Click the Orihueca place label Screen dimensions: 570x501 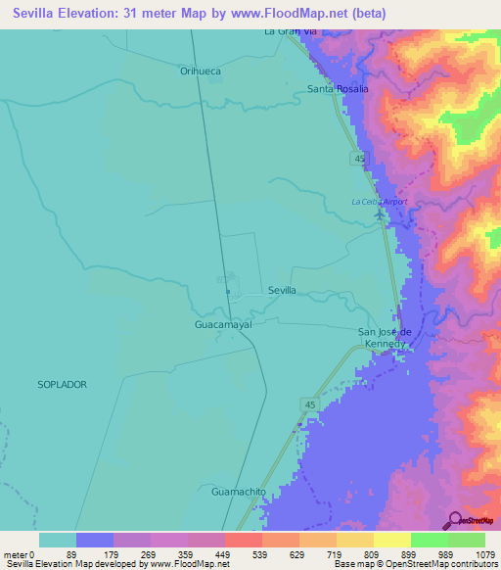point(201,71)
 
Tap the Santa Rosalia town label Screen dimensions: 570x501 point(339,89)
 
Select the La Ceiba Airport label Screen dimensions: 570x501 point(380,202)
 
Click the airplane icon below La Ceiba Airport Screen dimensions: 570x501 point(379,215)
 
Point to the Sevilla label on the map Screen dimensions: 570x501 point(282,291)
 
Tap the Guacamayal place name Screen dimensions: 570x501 point(223,323)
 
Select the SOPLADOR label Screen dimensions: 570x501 point(63,385)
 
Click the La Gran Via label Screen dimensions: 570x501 point(292,31)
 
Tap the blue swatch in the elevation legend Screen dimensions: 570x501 point(95,540)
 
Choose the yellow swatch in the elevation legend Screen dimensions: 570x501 point(391,540)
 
